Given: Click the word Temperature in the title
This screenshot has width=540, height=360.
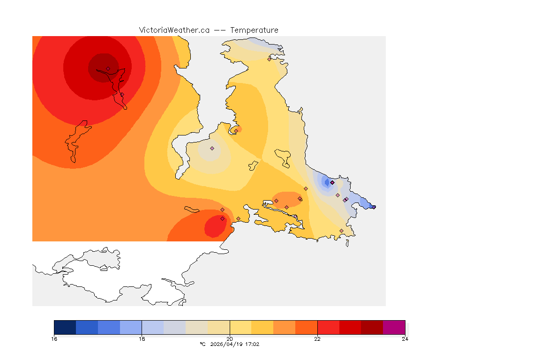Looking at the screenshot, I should [x=255, y=30].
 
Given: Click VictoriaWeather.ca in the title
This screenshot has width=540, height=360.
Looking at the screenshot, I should [x=174, y=30].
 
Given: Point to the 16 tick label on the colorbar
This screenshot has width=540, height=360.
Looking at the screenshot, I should [x=54, y=339].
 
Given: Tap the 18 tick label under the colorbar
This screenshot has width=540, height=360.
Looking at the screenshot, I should [x=142, y=339].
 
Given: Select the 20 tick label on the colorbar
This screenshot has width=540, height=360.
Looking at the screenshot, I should [x=230, y=339].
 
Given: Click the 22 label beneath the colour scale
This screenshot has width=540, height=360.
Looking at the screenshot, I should [x=317, y=339].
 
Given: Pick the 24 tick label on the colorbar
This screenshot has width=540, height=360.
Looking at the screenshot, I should [x=405, y=339].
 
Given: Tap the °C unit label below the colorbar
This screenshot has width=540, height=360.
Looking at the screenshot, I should [x=202, y=344].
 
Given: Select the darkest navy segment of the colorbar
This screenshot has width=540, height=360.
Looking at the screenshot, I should [x=65, y=327].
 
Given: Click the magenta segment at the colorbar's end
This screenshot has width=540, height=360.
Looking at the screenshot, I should [x=394, y=327].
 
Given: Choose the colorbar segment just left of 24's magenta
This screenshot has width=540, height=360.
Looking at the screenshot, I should [x=372, y=327].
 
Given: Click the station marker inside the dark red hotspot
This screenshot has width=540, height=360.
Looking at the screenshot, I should [x=108, y=68].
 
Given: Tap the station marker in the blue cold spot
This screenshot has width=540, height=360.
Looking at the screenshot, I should [x=332, y=182].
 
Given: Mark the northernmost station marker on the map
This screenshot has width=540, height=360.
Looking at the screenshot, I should [x=269, y=59].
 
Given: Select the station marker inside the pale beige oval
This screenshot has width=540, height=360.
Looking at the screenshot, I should [x=212, y=148].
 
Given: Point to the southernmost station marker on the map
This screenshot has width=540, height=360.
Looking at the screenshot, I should [x=341, y=231].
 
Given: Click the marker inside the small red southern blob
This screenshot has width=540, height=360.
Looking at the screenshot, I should [x=222, y=218].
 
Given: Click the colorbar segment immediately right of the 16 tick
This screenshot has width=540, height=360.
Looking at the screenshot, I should [x=65, y=327].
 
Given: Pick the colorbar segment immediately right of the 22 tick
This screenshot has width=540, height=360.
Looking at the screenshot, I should [x=328, y=327].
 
